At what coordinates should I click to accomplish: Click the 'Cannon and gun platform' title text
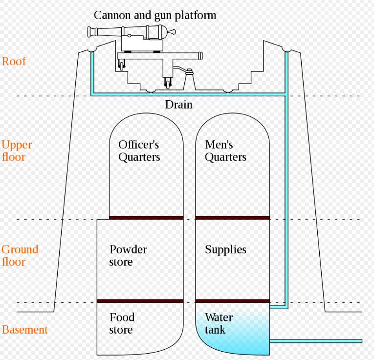pyautogui.click(x=154, y=15)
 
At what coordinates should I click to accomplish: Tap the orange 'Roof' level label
pyautogui.click(x=14, y=62)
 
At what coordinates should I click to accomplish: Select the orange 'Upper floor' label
pyautogui.click(x=17, y=151)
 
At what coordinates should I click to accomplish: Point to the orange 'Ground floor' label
pyautogui.click(x=20, y=255)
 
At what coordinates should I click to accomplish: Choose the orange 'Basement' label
pyautogui.click(x=25, y=330)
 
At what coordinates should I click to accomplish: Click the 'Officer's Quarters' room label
pyautogui.click(x=139, y=151)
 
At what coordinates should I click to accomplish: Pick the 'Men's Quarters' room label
pyautogui.click(x=225, y=151)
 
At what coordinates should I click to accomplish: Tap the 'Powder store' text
pyautogui.click(x=128, y=255)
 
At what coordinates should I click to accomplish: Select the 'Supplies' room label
pyautogui.click(x=225, y=249)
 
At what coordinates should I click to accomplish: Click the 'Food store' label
pyautogui.click(x=122, y=323)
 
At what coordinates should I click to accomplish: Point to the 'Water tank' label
pyautogui.click(x=219, y=323)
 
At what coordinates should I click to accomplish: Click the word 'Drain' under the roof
pyautogui.click(x=178, y=105)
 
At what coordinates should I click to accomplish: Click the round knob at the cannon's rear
pyautogui.click(x=172, y=32)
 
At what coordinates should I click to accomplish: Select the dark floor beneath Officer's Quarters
pyautogui.click(x=146, y=218)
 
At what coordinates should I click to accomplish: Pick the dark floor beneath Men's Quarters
pyautogui.click(x=232, y=218)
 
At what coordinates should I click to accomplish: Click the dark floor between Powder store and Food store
pyautogui.click(x=140, y=301)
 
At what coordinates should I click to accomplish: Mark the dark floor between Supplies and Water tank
pyautogui.click(x=232, y=301)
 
